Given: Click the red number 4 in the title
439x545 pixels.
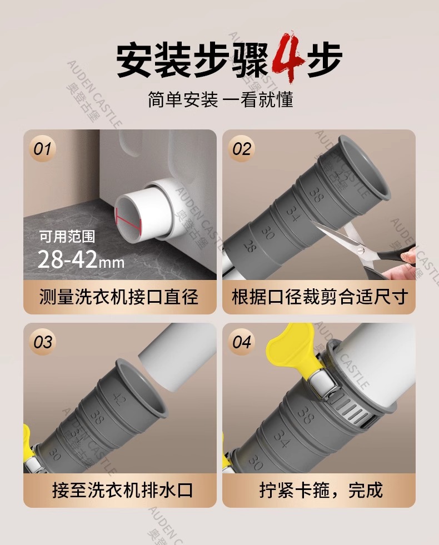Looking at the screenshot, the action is (x=287, y=57).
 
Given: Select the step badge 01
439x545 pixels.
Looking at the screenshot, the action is (x=42, y=149).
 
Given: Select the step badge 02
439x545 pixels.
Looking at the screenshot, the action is (x=242, y=149).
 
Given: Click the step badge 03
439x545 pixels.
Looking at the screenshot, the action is (x=42, y=342).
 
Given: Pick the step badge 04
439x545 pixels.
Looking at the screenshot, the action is (x=242, y=342).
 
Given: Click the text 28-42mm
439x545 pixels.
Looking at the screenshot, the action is (x=81, y=259).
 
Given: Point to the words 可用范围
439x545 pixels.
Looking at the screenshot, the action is (x=67, y=237).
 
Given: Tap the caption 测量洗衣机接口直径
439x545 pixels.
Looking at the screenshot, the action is (x=119, y=297).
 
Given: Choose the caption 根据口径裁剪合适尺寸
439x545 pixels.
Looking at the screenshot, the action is (x=320, y=297).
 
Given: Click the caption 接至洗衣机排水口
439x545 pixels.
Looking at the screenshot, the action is (x=122, y=491).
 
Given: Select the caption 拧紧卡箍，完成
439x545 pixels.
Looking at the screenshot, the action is (x=321, y=491).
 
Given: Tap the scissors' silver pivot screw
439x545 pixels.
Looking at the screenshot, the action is (x=361, y=249).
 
